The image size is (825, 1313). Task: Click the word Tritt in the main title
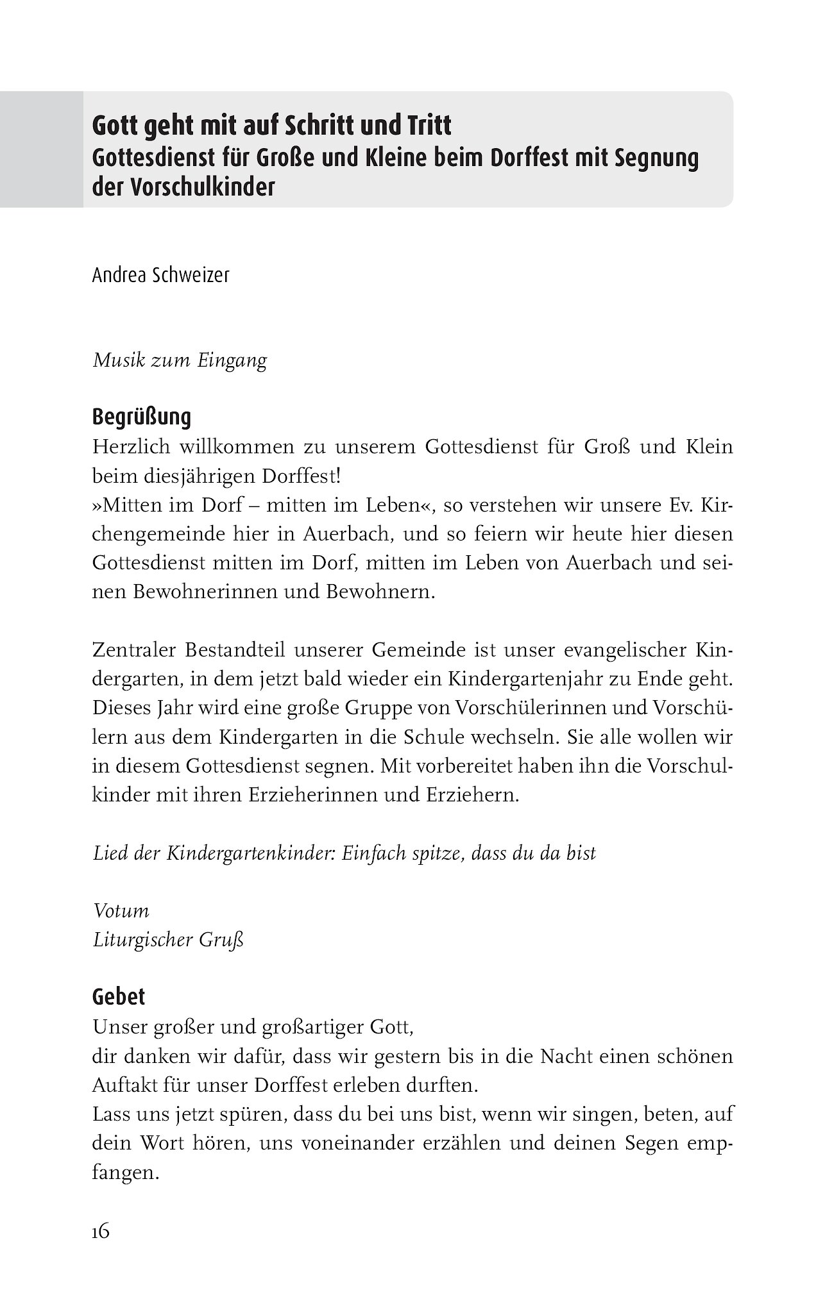click(425, 126)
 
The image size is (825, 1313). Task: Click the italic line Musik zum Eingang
click(180, 360)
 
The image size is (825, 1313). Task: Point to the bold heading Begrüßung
click(142, 417)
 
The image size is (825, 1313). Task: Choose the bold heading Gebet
click(119, 996)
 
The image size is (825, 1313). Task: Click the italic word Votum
click(121, 911)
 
